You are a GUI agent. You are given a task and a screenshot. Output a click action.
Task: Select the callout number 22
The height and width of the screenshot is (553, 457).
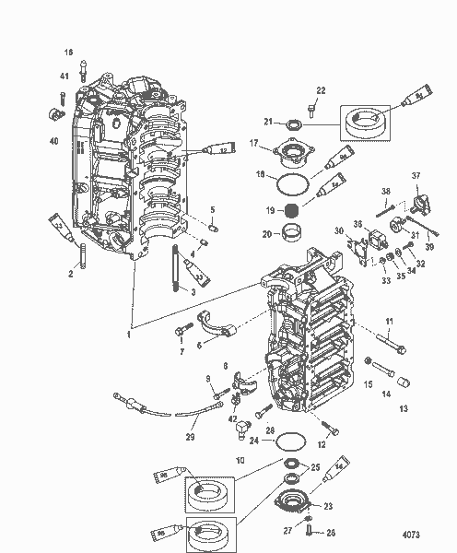click(x=321, y=89)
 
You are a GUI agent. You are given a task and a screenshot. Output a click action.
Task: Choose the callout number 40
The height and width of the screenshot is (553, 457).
click(x=53, y=140)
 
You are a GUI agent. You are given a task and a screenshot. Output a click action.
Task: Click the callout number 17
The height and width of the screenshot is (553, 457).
click(x=252, y=143)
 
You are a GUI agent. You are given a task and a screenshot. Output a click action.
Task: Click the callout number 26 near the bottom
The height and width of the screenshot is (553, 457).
click(x=331, y=532)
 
